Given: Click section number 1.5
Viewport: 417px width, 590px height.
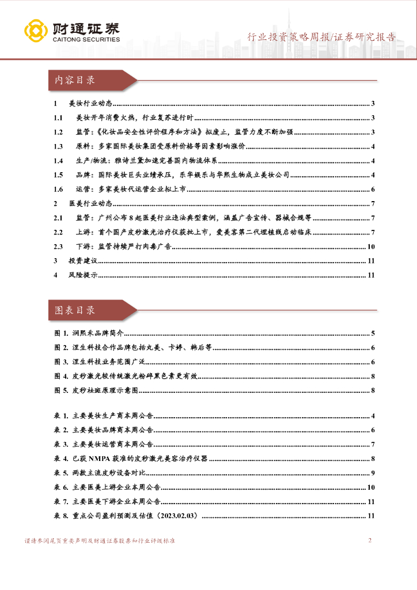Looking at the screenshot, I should point(58,175).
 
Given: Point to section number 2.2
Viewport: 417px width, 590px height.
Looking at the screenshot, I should point(58,232).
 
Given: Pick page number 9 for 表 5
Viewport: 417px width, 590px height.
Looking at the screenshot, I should point(373,473).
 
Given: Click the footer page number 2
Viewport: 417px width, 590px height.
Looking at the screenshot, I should point(370,540).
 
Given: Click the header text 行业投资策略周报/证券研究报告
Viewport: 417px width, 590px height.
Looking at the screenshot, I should point(321,37).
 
